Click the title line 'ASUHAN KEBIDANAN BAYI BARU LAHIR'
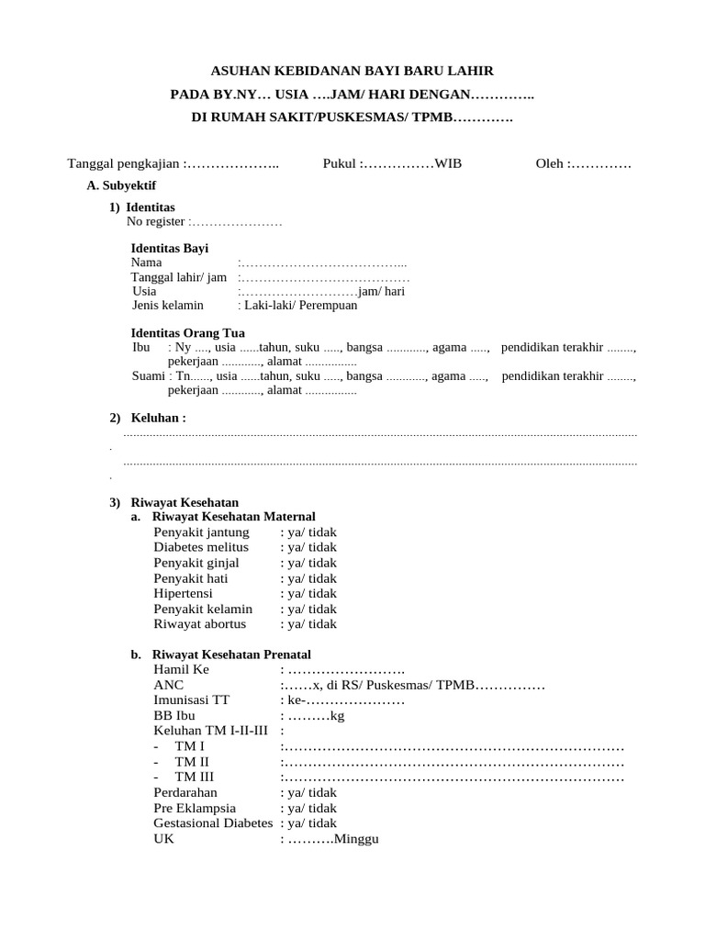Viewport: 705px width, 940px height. (x=352, y=71)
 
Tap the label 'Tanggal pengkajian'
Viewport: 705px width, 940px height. (x=124, y=163)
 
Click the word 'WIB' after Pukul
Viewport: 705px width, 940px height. (x=448, y=163)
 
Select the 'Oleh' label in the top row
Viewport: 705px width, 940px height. (x=551, y=163)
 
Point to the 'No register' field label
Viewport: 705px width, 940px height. (x=156, y=222)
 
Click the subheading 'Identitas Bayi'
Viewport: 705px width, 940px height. (x=170, y=248)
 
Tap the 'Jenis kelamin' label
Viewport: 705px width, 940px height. (x=168, y=306)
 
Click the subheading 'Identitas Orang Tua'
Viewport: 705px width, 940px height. (x=188, y=332)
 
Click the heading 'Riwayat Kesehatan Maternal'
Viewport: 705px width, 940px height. (x=233, y=517)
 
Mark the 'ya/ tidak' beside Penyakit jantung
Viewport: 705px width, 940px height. (x=311, y=532)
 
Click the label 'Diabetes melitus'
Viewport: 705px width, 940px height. (x=201, y=547)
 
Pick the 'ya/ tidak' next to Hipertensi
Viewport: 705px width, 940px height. (x=311, y=594)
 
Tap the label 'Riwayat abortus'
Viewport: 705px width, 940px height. (x=200, y=624)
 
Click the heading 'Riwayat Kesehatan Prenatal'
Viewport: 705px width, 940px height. (x=231, y=655)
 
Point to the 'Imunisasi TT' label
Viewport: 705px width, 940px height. (x=192, y=700)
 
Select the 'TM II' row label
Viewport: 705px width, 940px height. (x=192, y=762)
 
